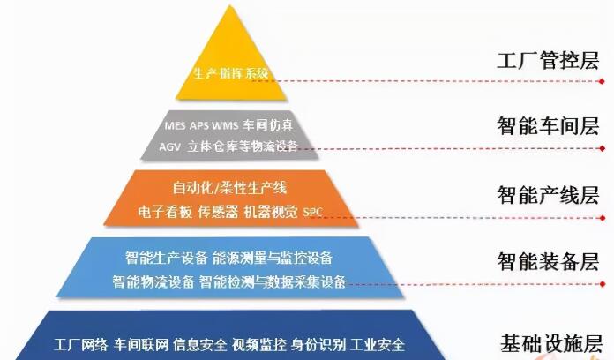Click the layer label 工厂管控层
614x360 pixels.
pyautogui.click(x=548, y=61)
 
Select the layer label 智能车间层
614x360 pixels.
pyautogui.click(x=548, y=126)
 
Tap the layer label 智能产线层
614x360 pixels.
pyautogui.click(x=548, y=195)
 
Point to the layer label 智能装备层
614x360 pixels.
pyautogui.click(x=548, y=261)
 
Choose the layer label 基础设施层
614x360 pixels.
pyautogui.click(x=551, y=343)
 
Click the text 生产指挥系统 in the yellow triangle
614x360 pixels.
pyautogui.click(x=231, y=73)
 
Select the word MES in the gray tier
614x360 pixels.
pyautogui.click(x=175, y=126)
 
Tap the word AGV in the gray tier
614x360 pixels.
pyautogui.click(x=170, y=146)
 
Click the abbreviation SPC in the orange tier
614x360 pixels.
pyautogui.click(x=313, y=213)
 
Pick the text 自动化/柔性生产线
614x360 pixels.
pyautogui.click(x=230, y=188)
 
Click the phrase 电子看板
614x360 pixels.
pyautogui.click(x=165, y=212)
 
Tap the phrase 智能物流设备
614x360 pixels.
pyautogui.click(x=153, y=281)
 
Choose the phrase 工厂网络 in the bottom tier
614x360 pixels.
pyautogui.click(x=80, y=345)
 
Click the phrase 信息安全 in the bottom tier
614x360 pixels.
pyautogui.click(x=199, y=345)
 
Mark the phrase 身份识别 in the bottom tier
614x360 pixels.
pyautogui.click(x=318, y=345)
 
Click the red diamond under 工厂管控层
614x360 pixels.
pyautogui.click(x=602, y=81)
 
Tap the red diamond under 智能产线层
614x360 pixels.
pyautogui.click(x=603, y=218)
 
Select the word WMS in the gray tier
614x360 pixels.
pyautogui.click(x=225, y=126)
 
